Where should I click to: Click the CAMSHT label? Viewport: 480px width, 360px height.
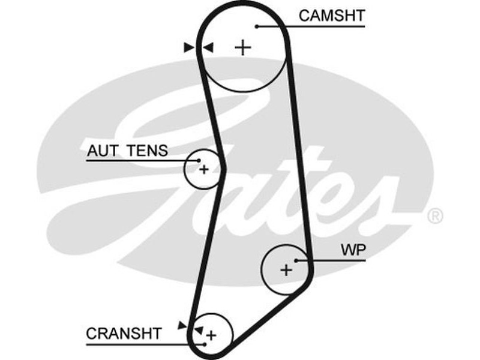(331, 16)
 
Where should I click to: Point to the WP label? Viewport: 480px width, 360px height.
(352, 250)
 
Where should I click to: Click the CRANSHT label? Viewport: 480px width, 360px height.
(124, 333)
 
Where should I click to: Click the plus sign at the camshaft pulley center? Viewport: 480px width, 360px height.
(243, 47)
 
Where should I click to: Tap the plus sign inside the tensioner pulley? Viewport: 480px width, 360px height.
(204, 169)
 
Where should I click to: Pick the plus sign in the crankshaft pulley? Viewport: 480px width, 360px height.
(211, 335)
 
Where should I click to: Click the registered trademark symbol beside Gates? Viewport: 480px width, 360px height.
(435, 215)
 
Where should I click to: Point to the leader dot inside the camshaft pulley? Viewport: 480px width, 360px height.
(256, 26)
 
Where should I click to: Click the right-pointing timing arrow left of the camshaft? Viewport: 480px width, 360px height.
(189, 47)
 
